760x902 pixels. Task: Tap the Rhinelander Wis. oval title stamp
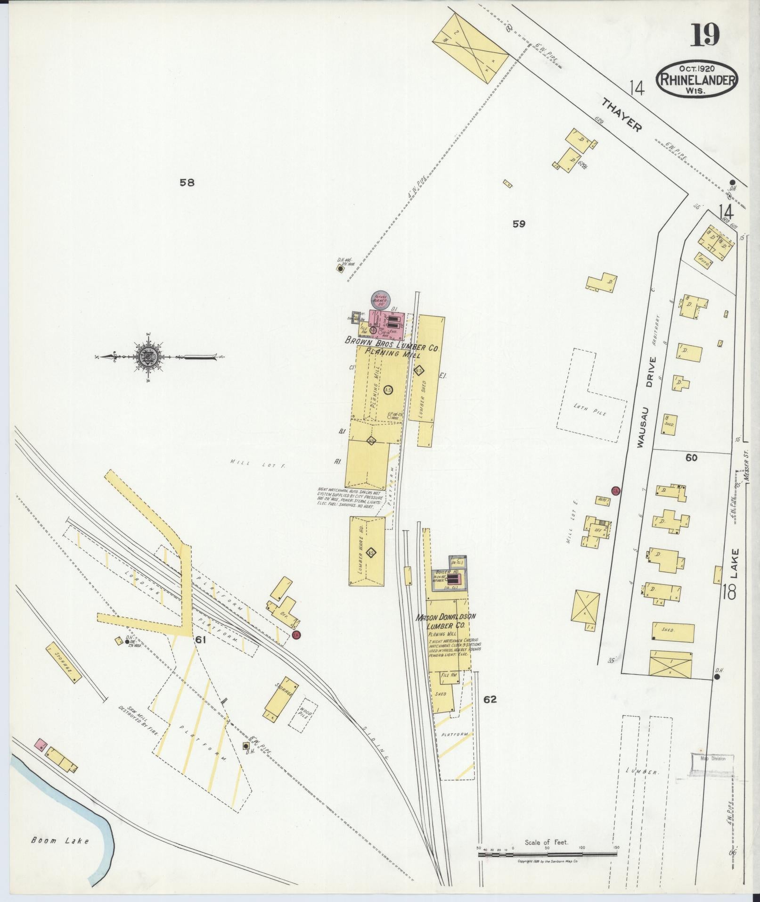tap(697, 79)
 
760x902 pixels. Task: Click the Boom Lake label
tap(60, 840)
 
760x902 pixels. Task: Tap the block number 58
tap(187, 182)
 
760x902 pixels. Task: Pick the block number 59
tap(519, 224)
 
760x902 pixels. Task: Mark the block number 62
tap(490, 699)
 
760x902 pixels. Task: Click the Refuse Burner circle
tap(381, 300)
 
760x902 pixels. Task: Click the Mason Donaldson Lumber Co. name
tap(446, 621)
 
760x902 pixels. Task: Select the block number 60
tap(691, 457)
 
